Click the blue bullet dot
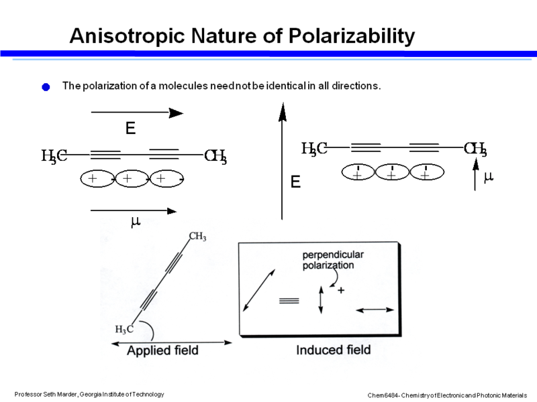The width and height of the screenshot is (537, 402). click(x=46, y=87)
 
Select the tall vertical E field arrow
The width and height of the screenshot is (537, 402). click(x=283, y=161)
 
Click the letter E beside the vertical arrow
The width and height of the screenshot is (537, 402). click(x=295, y=182)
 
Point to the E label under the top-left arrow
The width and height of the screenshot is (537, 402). click(x=130, y=129)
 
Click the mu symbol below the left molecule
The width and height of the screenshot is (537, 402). click(x=135, y=222)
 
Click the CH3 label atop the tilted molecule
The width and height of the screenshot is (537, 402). click(x=197, y=237)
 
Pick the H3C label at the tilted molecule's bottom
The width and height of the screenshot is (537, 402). click(x=124, y=329)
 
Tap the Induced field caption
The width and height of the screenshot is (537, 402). click(x=334, y=350)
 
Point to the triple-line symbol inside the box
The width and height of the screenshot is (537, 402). click(x=289, y=301)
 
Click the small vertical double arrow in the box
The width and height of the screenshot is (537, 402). click(x=321, y=299)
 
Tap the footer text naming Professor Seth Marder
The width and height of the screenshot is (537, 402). click(x=89, y=393)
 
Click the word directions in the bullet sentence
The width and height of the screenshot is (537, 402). click(x=357, y=86)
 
